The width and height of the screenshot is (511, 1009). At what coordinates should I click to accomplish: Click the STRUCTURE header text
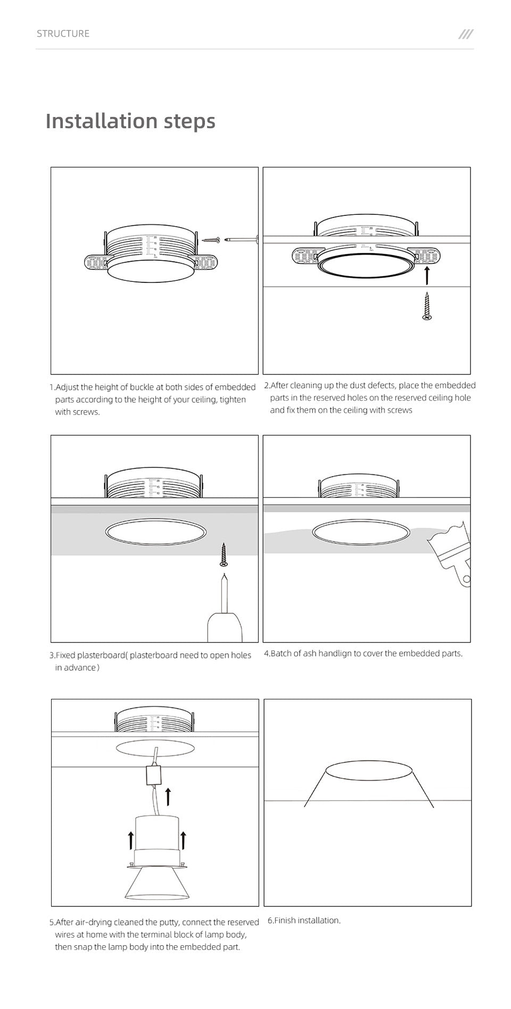[x=63, y=34]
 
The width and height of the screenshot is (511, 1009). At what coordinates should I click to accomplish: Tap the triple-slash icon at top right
[x=466, y=34]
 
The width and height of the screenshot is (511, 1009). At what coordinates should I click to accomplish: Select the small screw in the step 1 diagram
[x=211, y=240]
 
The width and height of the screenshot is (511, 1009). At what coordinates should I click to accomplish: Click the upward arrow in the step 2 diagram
[x=427, y=276]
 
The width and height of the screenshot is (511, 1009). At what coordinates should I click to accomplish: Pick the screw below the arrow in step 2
[x=427, y=306]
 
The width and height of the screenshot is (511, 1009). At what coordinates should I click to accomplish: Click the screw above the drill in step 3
[x=224, y=555]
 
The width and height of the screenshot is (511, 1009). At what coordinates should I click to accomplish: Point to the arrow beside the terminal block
[x=168, y=796]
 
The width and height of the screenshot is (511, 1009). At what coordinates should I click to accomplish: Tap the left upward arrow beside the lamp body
[x=130, y=840]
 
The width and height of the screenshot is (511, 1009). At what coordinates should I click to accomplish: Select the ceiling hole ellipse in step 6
[x=369, y=770]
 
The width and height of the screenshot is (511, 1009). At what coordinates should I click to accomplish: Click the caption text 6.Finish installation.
[x=304, y=920]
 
